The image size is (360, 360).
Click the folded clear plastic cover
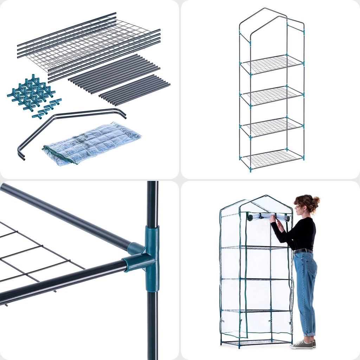click(92, 143)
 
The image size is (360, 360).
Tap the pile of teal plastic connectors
click(32, 93)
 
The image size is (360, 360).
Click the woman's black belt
click(303, 251)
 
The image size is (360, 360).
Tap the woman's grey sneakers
click(302, 345)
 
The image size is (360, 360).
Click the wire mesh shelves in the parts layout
click(88, 46)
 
